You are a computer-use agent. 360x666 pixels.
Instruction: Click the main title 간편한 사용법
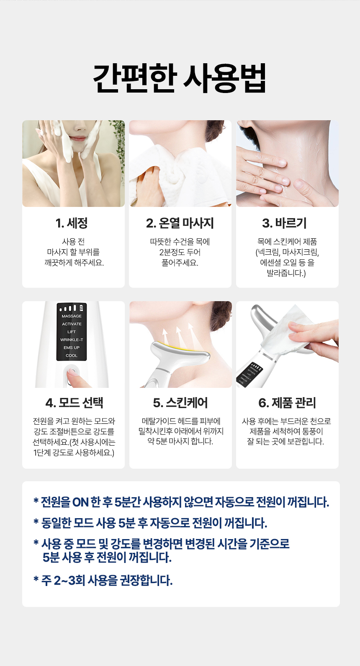[180, 78]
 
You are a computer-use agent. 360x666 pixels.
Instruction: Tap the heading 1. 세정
[72, 223]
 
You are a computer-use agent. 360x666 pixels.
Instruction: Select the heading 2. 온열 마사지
[180, 223]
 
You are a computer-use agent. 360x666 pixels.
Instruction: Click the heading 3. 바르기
[284, 223]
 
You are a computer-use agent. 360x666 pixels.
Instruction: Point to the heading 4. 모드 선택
[74, 403]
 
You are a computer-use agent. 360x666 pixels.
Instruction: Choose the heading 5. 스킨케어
[180, 403]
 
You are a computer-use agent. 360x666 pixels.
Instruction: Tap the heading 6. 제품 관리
[287, 403]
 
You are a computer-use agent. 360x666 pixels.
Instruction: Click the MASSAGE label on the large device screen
[72, 316]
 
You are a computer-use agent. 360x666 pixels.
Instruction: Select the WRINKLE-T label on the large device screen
[72, 340]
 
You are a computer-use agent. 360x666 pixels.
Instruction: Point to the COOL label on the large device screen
[72, 355]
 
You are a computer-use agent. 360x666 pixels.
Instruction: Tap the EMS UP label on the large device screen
[72, 348]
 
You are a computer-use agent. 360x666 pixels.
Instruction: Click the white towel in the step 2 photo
[178, 176]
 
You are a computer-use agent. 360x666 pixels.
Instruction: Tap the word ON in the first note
[80, 503]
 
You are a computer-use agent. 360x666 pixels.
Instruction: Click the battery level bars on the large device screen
[72, 308]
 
